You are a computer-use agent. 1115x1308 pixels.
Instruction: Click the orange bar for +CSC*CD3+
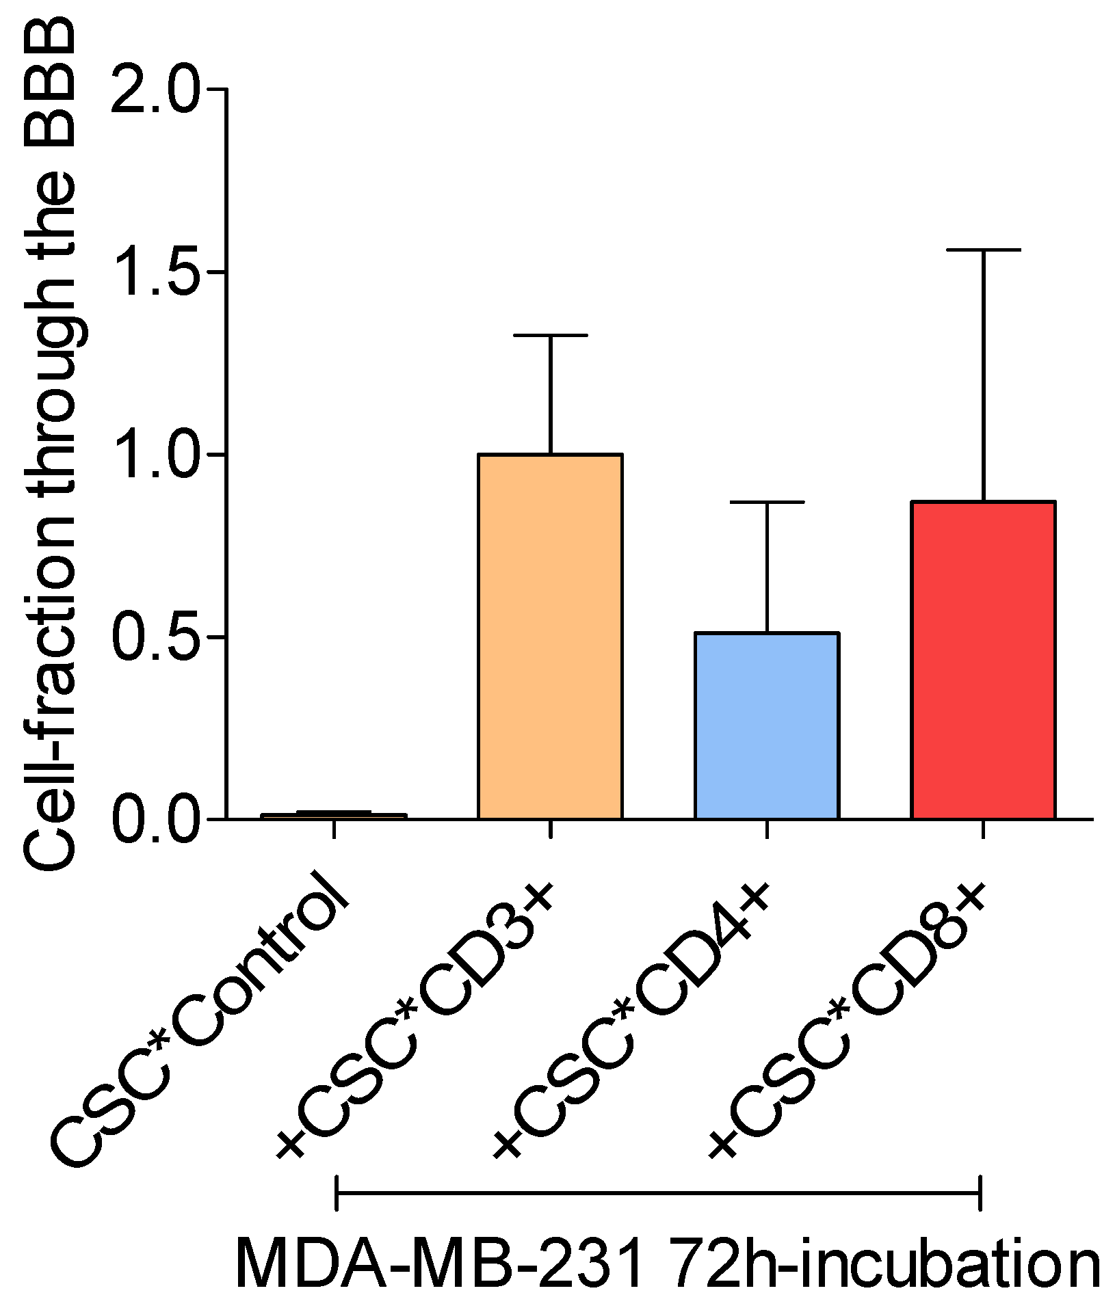[x=550, y=636]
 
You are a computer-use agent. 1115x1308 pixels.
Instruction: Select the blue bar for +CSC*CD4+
[x=767, y=725]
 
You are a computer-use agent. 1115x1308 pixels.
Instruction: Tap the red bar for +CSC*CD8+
[x=983, y=660]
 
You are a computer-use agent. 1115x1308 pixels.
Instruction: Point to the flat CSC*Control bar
[x=334, y=814]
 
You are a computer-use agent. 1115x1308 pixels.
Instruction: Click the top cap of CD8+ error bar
[x=983, y=250]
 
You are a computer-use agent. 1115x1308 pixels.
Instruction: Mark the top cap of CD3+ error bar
[x=550, y=335]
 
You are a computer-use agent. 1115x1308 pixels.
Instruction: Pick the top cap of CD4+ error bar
[x=767, y=502]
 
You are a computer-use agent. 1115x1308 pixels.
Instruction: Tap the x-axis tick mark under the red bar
[x=983, y=829]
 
